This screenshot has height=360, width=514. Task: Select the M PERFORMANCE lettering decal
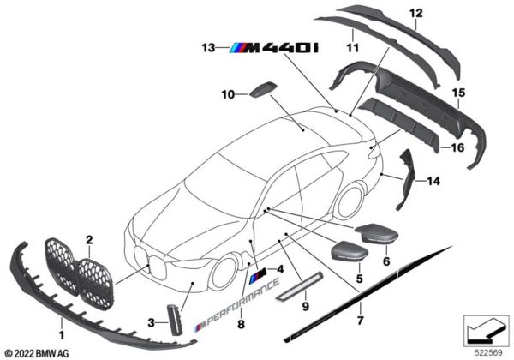[x=244, y=309]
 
